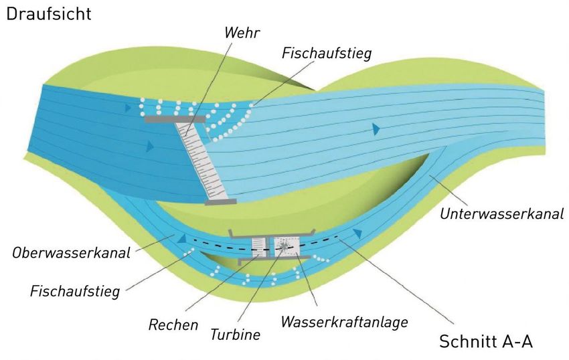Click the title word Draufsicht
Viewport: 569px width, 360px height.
(x=49, y=14)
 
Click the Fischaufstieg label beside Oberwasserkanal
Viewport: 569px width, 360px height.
(x=75, y=291)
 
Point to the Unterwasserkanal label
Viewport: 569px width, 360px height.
(x=501, y=215)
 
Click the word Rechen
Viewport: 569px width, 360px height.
(x=173, y=325)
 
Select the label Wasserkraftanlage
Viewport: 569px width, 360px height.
(x=344, y=322)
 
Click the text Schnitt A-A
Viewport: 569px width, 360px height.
(x=485, y=341)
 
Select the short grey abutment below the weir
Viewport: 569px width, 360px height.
(x=220, y=201)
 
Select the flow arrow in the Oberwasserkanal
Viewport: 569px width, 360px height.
(x=179, y=237)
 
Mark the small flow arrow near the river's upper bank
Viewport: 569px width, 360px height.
(x=128, y=106)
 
